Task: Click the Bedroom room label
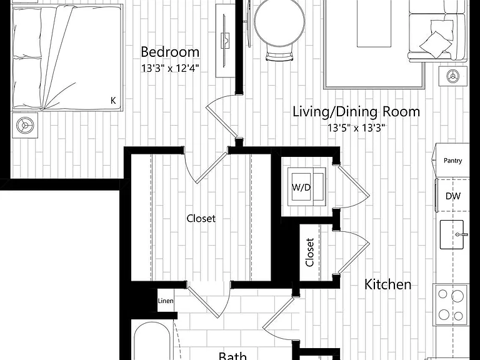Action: [x=170, y=52]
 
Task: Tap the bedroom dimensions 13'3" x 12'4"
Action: [x=170, y=68]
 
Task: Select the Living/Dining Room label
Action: [x=356, y=112]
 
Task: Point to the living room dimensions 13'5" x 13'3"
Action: [x=356, y=127]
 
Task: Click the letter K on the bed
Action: [x=113, y=101]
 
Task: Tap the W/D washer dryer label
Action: [x=301, y=187]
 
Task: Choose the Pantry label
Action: [x=452, y=161]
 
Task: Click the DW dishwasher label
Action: [x=452, y=196]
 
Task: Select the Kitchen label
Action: [x=388, y=284]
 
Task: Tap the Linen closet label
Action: [x=166, y=301]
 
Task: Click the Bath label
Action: [x=232, y=356]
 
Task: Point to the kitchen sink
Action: [x=452, y=234]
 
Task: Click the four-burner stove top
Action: [x=451, y=304]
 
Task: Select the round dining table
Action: [x=279, y=22]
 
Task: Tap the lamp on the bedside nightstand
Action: [x=25, y=125]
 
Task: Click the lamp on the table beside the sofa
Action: [x=452, y=76]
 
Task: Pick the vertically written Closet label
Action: [x=309, y=252]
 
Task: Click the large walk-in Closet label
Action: [x=201, y=218]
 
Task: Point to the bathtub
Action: [x=152, y=341]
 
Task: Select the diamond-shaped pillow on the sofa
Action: [x=436, y=44]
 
